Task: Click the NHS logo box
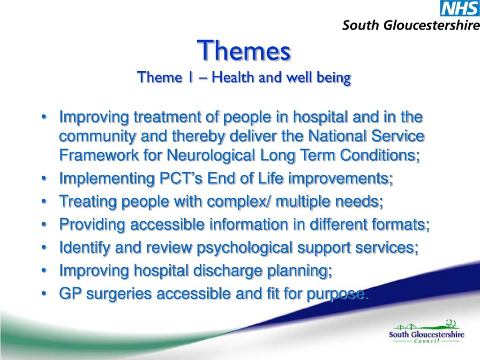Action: (460, 8)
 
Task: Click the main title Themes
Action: (244, 51)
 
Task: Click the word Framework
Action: (99, 155)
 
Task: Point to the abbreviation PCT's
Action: (181, 178)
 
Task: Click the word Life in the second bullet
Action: (270, 178)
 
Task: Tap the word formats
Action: (401, 225)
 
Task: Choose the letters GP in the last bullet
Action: (70, 293)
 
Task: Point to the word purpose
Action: (337, 294)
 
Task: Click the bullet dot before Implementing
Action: (45, 179)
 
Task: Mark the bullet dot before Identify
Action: (45, 247)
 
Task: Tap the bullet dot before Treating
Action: (45, 202)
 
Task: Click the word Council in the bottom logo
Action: (427, 341)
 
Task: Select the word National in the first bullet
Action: (337, 136)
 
